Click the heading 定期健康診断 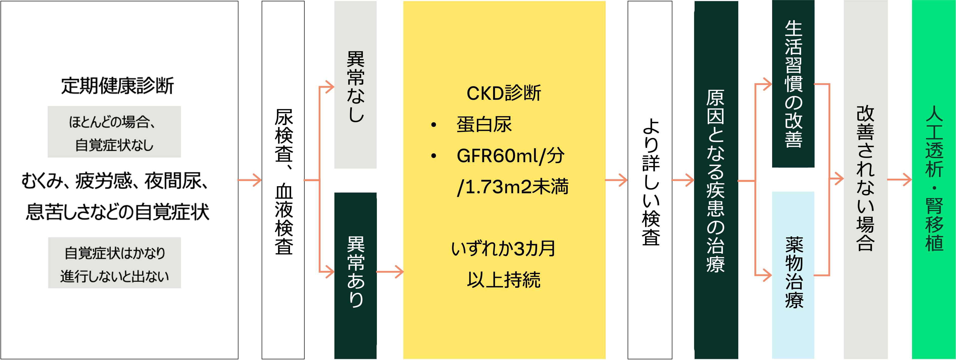point(117,86)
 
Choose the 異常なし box point(355,85)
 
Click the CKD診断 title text point(504,93)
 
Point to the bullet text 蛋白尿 point(484,124)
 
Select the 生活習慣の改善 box point(793,84)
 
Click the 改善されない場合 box point(865,180)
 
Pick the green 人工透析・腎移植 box point(934,180)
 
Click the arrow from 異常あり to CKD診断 point(390,272)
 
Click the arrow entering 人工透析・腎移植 point(900,180)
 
